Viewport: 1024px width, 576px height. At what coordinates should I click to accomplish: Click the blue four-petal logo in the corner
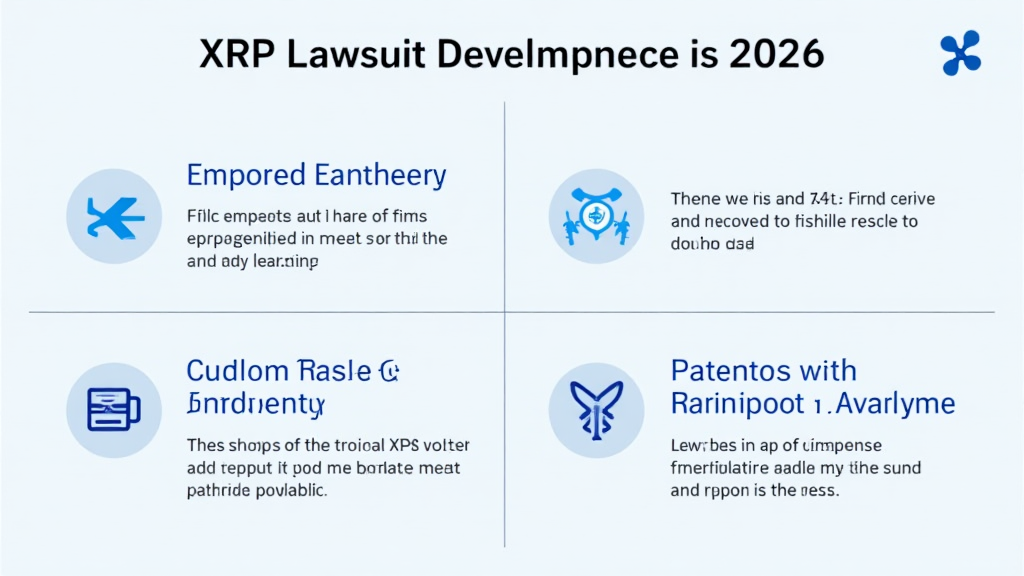(960, 52)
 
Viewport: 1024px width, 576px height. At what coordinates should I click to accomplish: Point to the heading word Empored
(245, 176)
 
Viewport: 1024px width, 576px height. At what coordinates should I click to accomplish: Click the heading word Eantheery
(379, 176)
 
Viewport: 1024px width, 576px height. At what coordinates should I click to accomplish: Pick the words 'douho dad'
(712, 243)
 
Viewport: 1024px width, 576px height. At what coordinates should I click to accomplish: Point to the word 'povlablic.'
(296, 490)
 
